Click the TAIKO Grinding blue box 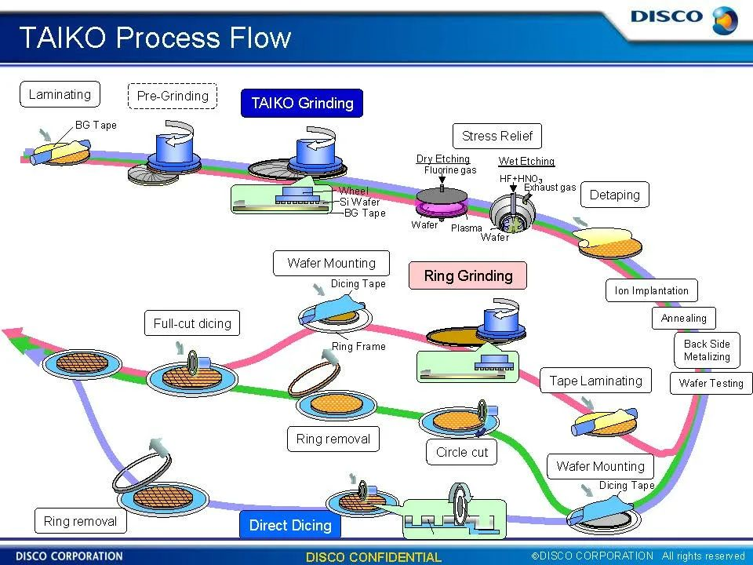coord(302,103)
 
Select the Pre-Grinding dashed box coord(173,96)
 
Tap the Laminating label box coord(60,95)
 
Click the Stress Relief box coord(497,136)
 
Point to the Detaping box coord(615,195)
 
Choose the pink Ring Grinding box coord(468,275)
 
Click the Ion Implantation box coord(652,290)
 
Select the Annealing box coord(684,318)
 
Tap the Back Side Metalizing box coord(707,350)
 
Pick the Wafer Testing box coord(711,383)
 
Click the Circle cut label coord(462,452)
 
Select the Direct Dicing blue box coord(290,525)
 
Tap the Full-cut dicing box coord(192,323)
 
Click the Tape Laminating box coord(595,381)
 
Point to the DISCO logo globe coord(724,20)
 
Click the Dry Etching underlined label coord(443,159)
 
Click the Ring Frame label coord(358,346)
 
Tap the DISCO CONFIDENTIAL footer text coord(373,557)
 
